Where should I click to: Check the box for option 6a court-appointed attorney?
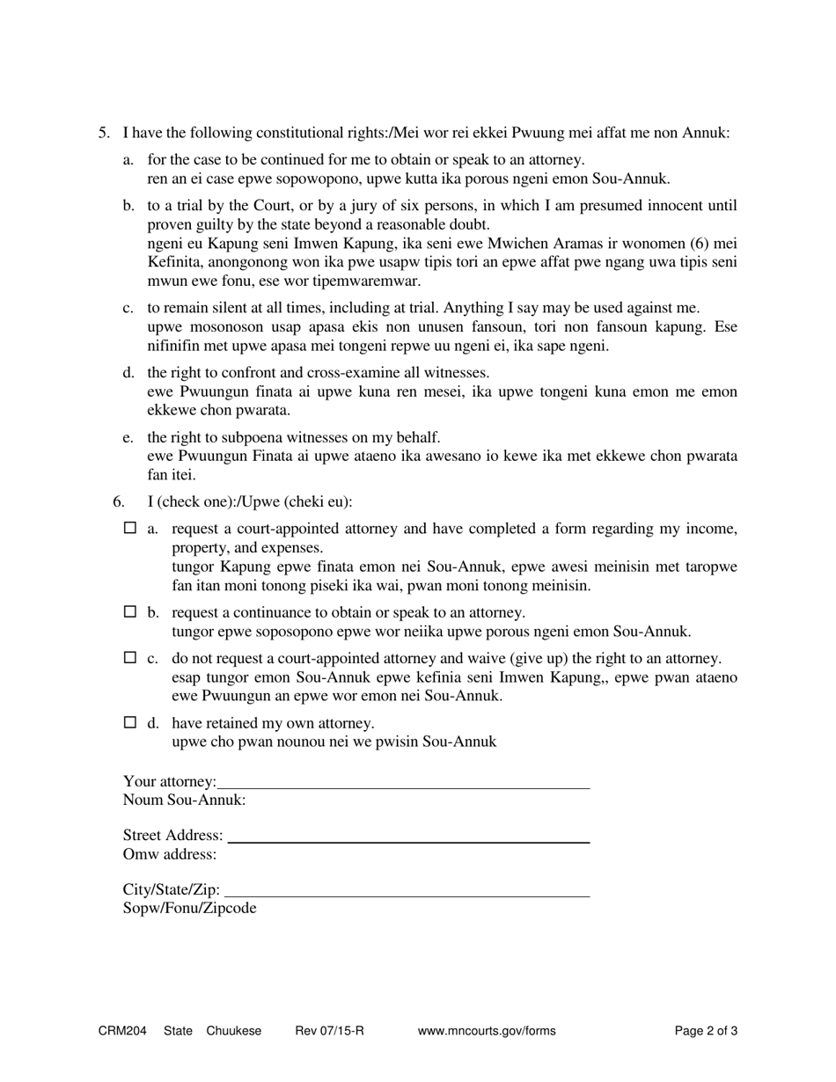click(x=130, y=529)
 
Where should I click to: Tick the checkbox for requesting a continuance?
click(x=130, y=612)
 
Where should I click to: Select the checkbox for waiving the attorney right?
click(x=130, y=658)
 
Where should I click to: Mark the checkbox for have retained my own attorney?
click(x=130, y=723)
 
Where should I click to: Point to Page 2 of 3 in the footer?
click(x=706, y=1031)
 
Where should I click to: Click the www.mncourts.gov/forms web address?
click(x=487, y=1031)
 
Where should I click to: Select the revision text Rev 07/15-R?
click(x=329, y=1031)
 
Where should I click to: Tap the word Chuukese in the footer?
click(x=234, y=1031)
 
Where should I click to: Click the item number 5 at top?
click(x=103, y=133)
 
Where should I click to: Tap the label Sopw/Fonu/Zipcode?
click(x=190, y=909)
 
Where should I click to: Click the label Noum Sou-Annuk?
click(x=184, y=801)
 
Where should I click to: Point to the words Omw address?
click(x=170, y=854)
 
